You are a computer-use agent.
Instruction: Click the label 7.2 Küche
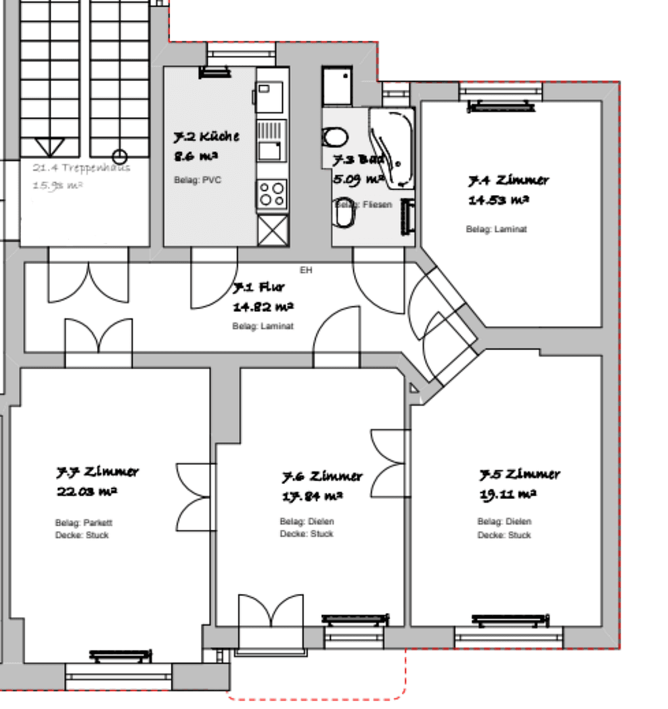(x=206, y=137)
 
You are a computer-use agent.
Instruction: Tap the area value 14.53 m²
(x=499, y=200)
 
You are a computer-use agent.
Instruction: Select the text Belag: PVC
(x=193, y=180)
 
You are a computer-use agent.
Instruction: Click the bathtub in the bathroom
(x=392, y=148)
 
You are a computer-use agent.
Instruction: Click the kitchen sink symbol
(x=270, y=140)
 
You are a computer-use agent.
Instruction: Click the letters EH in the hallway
(x=306, y=270)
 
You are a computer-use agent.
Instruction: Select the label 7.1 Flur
(x=260, y=288)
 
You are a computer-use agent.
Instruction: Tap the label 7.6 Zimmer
(x=323, y=476)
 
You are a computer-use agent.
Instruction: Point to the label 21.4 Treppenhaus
(x=81, y=167)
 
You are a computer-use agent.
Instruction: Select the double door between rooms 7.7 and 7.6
(x=196, y=497)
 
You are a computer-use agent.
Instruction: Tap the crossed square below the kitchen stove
(x=273, y=230)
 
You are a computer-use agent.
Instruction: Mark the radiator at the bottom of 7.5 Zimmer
(x=510, y=620)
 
